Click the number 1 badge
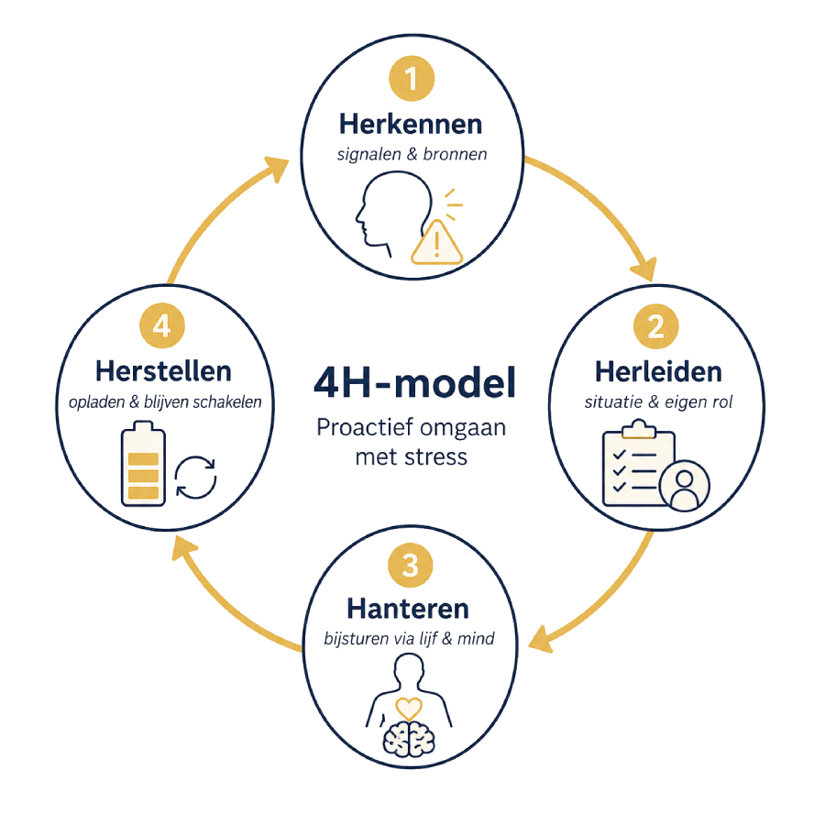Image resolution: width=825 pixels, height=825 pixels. pyautogui.click(x=412, y=79)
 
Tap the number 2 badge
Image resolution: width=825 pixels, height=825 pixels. pyautogui.click(x=655, y=326)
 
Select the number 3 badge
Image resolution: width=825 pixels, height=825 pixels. pyautogui.click(x=411, y=565)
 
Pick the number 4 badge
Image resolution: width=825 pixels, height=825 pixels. pyautogui.click(x=162, y=325)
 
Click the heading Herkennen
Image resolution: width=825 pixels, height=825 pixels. pyautogui.click(x=411, y=124)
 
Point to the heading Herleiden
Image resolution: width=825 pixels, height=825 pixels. pyautogui.click(x=658, y=372)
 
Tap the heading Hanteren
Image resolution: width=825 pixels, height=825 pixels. pyautogui.click(x=408, y=609)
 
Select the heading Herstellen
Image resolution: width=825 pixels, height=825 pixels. pyautogui.click(x=163, y=371)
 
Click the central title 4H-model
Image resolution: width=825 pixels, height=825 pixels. pyautogui.click(x=414, y=382)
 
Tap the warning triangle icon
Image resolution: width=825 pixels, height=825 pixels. pyautogui.click(x=436, y=242)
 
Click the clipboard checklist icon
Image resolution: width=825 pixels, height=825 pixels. pyautogui.click(x=638, y=463)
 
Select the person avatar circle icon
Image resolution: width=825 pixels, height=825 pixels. pyautogui.click(x=684, y=486)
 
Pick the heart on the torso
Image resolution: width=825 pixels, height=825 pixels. pyautogui.click(x=409, y=709)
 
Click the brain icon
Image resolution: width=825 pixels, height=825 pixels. pyautogui.click(x=409, y=738)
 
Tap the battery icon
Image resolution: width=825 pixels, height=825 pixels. pyautogui.click(x=143, y=464)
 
